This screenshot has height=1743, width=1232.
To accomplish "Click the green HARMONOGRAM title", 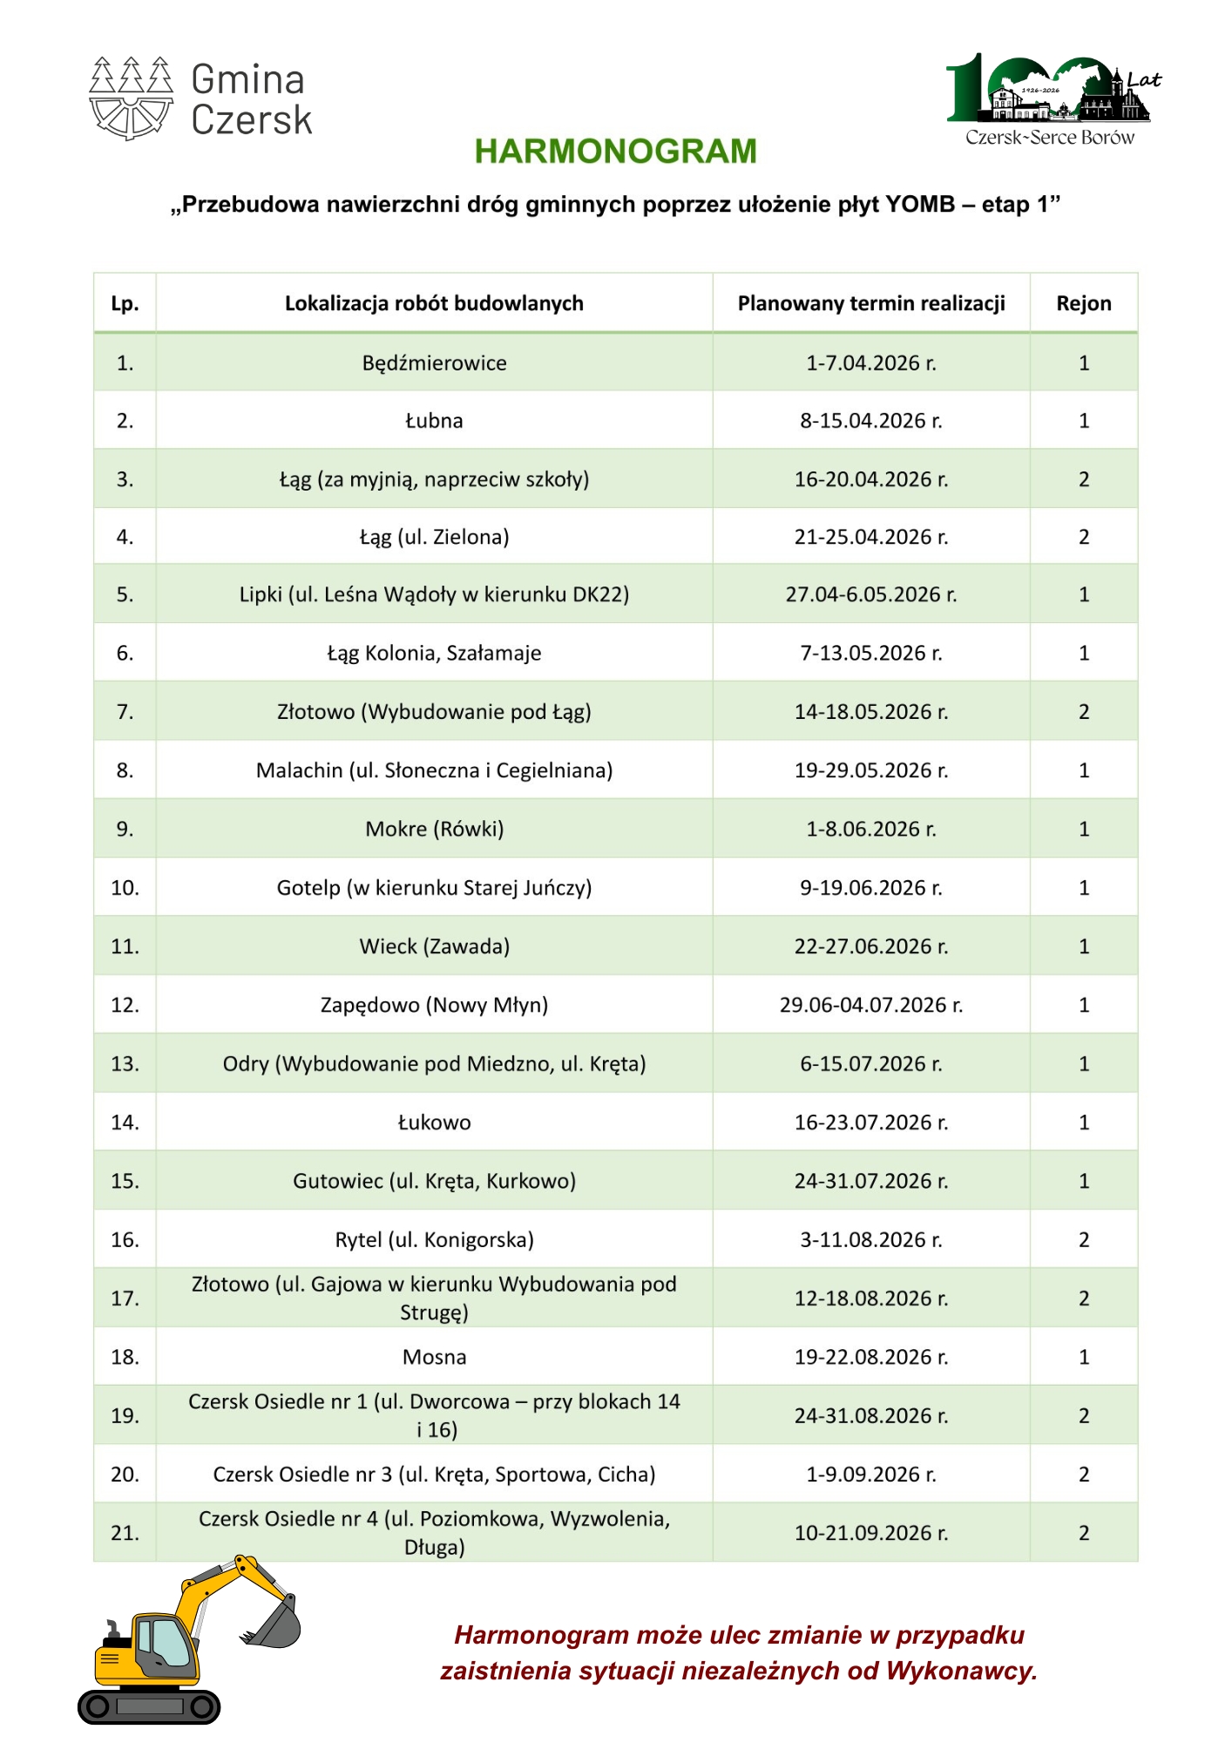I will coord(615,152).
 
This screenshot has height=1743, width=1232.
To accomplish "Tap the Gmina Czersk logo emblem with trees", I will coord(131,98).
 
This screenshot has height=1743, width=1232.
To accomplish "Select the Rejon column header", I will coord(1083,303).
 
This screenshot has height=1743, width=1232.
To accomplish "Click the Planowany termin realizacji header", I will coord(870,303).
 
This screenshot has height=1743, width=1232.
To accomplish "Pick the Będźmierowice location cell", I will coord(434,363).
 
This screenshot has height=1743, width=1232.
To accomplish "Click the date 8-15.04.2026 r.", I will coord(870,421).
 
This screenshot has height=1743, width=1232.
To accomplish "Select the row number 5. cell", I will coord(125,594).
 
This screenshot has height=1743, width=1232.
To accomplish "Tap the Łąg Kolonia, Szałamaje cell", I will coord(434,653).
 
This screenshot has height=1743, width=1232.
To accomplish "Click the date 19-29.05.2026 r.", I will coord(870,770).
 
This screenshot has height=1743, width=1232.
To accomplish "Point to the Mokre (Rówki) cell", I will coord(434,829).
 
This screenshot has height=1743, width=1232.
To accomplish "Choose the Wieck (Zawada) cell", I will coord(434,946).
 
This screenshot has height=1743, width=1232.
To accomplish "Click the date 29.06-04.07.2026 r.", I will coord(870,1005).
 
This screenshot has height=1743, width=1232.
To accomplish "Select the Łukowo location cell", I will coord(434,1122).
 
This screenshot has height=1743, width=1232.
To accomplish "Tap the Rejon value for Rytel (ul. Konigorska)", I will coord(1083,1239).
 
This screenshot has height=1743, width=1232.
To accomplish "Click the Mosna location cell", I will coord(434,1357).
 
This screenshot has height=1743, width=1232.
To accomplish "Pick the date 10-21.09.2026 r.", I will coord(870,1533).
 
